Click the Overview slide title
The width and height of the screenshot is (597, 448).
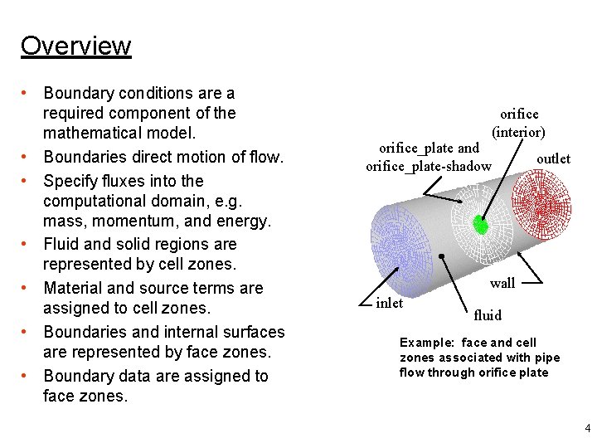point(75,46)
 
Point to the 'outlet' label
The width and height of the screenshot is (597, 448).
point(553,158)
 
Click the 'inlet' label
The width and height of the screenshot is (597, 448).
point(389,303)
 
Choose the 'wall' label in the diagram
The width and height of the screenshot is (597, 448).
point(502,283)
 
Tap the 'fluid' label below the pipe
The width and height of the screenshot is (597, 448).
point(488,315)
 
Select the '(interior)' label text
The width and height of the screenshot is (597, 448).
point(518,132)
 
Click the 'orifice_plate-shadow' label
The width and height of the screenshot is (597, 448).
point(428,167)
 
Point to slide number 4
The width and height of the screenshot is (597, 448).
point(587,429)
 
